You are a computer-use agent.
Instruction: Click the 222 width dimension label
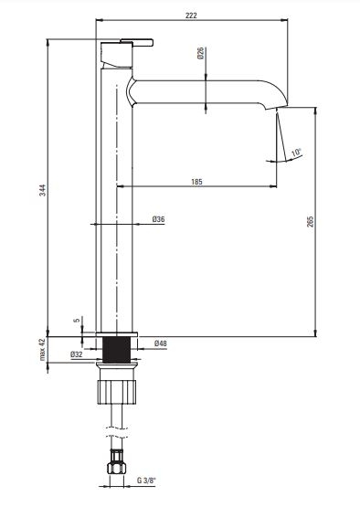point(191,15)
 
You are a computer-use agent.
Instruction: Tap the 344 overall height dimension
point(43,190)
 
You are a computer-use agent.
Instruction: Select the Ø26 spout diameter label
point(200,53)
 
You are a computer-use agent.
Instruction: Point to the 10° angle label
point(296,153)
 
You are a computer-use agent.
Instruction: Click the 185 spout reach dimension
point(196,182)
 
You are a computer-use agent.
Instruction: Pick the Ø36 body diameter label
point(158,219)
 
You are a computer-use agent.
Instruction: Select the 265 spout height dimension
point(310,221)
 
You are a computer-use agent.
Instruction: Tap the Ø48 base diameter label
point(161,343)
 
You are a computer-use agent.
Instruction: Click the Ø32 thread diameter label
point(77,354)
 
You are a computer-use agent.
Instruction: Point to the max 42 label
point(42,350)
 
